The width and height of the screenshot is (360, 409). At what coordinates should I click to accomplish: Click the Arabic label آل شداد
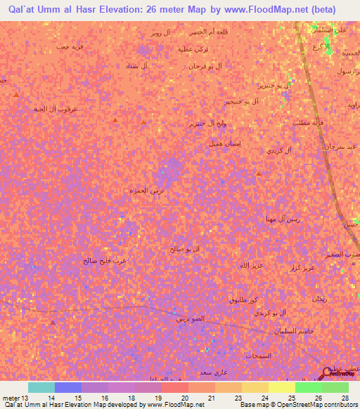pos(134,66)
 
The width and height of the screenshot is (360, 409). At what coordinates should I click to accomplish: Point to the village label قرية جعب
pos(72,46)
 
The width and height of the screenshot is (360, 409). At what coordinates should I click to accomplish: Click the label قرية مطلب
pos(307,122)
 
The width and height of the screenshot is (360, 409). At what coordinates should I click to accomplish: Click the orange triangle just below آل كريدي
pos(259,173)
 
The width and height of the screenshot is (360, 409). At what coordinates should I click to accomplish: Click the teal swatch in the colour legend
pos(41,387)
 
